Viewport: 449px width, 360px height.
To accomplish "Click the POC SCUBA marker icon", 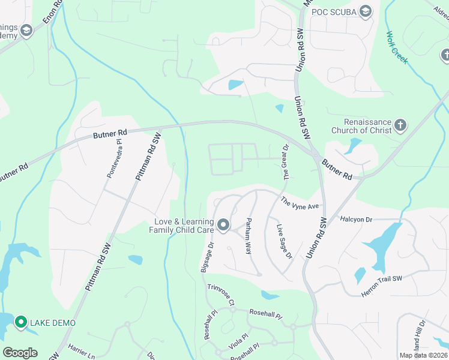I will [366, 11].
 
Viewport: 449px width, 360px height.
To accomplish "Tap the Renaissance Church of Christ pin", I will [400, 126].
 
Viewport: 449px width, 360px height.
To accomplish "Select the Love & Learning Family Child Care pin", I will [223, 226].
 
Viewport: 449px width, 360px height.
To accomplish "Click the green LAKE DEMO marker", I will [20, 323].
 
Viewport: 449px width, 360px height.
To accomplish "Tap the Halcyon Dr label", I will [356, 220].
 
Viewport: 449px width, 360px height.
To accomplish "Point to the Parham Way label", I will [247, 236].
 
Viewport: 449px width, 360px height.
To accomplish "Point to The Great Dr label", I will [286, 161].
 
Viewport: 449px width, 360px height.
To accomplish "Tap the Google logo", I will [20, 352].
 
